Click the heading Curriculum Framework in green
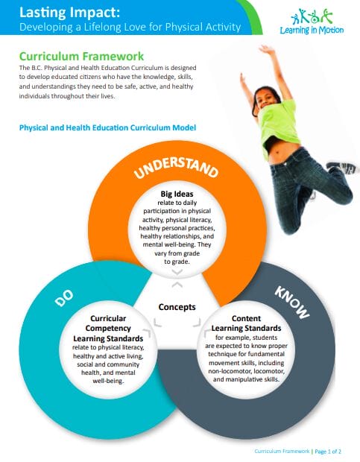82,57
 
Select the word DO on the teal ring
63,297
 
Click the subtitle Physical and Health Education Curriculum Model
107,128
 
